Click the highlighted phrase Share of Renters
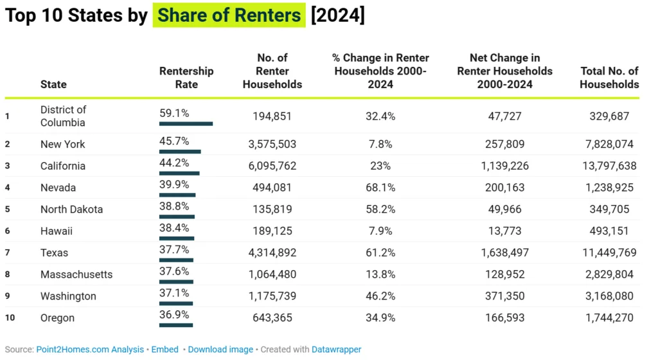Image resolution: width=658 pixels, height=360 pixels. tap(229, 15)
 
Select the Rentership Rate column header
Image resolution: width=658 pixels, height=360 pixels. tap(186, 78)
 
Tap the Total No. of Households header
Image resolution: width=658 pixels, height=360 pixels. tap(609, 78)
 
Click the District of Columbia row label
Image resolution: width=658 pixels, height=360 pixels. tap(63, 116)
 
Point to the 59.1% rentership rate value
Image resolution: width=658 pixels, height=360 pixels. tap(174, 113)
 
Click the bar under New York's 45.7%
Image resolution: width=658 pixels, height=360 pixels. tap(180, 152)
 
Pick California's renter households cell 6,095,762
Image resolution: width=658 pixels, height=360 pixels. tap(272, 166)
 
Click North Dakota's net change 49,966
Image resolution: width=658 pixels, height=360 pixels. tap(504, 210)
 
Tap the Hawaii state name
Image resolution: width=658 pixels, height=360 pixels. tap(57, 231)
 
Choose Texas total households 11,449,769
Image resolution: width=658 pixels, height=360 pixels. tap(608, 253)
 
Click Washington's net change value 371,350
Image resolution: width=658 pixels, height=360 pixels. tap(504, 296)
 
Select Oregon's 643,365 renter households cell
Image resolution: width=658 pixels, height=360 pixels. tap(272, 318)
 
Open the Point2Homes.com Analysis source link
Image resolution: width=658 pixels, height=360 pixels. tap(90, 350)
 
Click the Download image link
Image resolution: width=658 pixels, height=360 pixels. tap(220, 350)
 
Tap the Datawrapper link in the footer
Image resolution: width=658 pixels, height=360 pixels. tap(337, 350)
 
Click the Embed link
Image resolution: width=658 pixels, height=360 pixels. tap(165, 350)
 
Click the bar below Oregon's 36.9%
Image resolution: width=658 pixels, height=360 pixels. tap(175, 325)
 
